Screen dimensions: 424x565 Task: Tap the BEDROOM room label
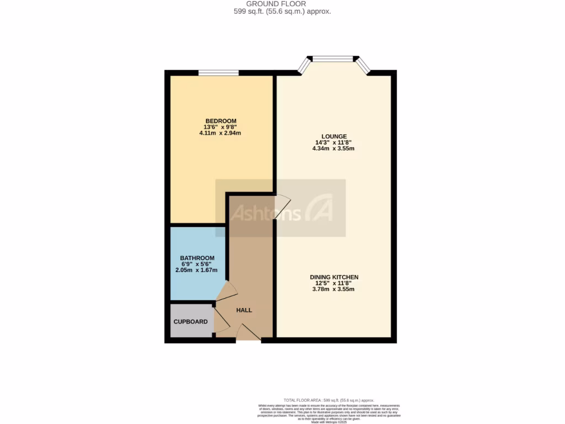221,121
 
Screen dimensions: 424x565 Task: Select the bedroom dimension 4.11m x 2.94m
221,133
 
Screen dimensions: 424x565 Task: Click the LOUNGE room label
334,136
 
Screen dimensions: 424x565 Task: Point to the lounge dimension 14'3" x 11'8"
334,142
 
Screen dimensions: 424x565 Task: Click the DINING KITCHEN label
334,277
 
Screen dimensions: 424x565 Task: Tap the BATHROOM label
197,258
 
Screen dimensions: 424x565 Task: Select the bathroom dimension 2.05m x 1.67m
197,270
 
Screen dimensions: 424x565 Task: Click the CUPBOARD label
191,322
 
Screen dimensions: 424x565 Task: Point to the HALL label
244,310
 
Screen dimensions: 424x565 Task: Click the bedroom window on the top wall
218,72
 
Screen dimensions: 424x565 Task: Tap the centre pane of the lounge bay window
333,58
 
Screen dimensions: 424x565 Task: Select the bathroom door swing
227,293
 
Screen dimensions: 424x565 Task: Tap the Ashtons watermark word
265,214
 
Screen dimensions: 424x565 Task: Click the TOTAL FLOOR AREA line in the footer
328,400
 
